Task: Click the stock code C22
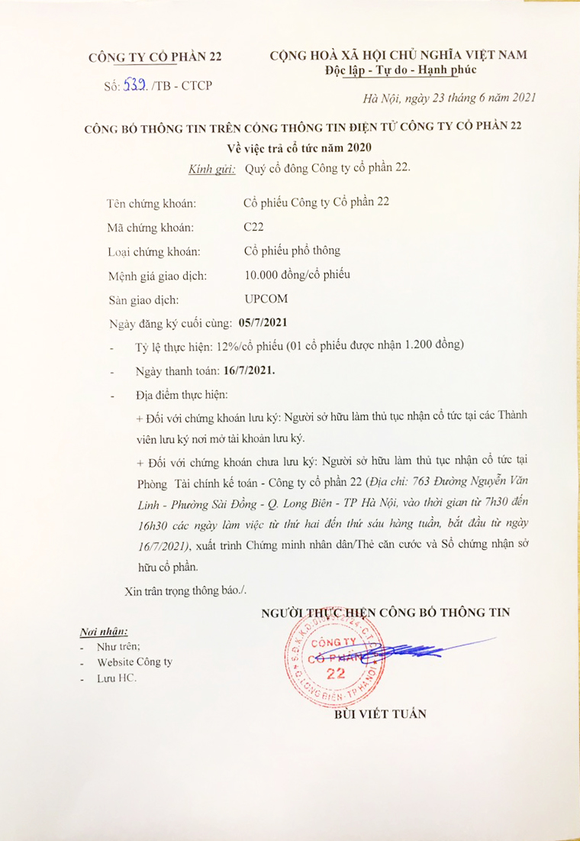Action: pyautogui.click(x=253, y=227)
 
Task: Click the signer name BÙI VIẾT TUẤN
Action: pyautogui.click(x=380, y=714)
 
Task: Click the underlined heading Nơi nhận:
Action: pyautogui.click(x=104, y=632)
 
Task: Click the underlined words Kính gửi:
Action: pyautogui.click(x=209, y=170)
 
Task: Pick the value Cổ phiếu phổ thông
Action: pyautogui.click(x=292, y=251)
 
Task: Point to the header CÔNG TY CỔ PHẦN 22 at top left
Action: pyautogui.click(x=155, y=57)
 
